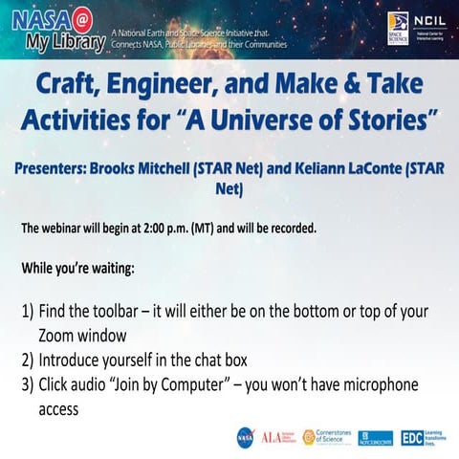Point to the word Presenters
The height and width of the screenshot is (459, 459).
[61, 168]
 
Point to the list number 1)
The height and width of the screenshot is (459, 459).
[28, 314]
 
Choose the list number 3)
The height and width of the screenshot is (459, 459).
[28, 385]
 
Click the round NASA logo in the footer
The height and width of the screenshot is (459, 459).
[245, 437]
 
